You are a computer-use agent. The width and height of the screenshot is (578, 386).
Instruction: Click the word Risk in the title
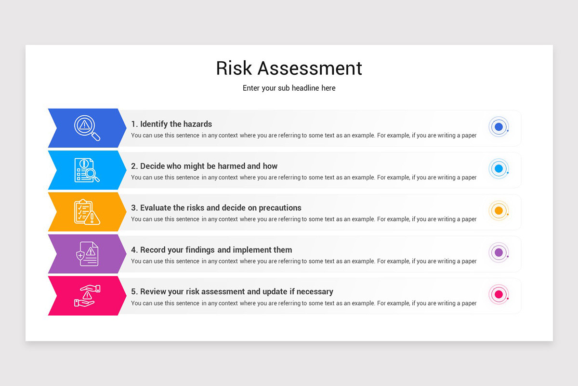[x=234, y=69]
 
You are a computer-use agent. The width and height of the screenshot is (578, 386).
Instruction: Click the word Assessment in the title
[x=310, y=69]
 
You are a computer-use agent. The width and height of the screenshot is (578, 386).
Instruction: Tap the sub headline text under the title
[x=289, y=88]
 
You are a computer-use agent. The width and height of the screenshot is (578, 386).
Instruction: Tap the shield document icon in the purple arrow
[x=87, y=254]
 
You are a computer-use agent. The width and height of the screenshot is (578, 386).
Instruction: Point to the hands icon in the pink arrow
[x=87, y=296]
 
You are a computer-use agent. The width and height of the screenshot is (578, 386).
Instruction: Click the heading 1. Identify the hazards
[x=171, y=124]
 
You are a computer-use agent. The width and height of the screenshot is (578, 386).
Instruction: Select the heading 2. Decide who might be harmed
[x=204, y=166]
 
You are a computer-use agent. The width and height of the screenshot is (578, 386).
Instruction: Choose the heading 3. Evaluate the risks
[x=216, y=208]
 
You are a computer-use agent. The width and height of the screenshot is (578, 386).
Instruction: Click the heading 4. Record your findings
[x=211, y=250]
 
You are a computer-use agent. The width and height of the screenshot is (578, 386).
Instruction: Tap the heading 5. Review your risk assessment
[x=232, y=291]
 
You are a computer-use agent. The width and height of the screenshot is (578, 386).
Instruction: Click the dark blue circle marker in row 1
[x=499, y=127]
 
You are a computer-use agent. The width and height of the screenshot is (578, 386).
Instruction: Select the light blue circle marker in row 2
[x=499, y=169]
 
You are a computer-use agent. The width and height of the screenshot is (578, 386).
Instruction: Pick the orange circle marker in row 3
[x=499, y=211]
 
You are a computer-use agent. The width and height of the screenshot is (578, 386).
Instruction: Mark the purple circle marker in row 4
[x=499, y=252]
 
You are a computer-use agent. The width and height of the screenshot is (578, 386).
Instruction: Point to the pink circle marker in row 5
[x=499, y=294]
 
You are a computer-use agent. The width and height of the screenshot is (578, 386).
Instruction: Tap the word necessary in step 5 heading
[x=315, y=291]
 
